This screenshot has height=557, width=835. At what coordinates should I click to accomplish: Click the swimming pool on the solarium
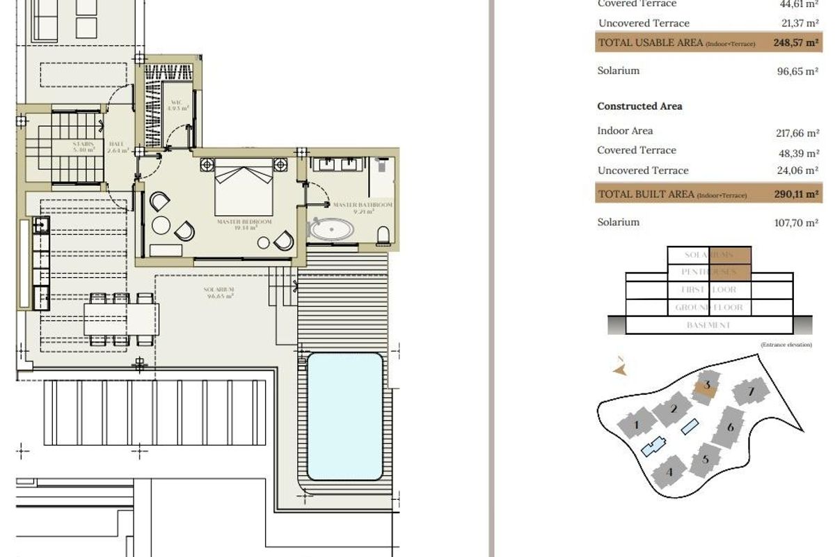tap(344, 416)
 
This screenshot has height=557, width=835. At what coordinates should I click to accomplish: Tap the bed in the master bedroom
tap(243, 186)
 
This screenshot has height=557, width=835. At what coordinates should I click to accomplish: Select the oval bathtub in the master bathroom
tap(332, 230)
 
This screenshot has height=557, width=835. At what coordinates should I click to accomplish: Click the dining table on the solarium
tap(121, 320)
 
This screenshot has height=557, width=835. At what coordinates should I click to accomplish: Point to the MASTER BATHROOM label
tap(362, 205)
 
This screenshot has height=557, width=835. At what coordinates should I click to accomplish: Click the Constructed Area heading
tap(639, 107)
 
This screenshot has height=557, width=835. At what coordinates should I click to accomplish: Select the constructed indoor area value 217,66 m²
tap(797, 133)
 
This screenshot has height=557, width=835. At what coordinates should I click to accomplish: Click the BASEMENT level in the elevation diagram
tap(708, 325)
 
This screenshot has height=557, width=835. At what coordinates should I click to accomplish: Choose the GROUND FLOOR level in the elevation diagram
tap(708, 307)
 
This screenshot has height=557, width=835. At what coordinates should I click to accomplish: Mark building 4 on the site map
tap(671, 472)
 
